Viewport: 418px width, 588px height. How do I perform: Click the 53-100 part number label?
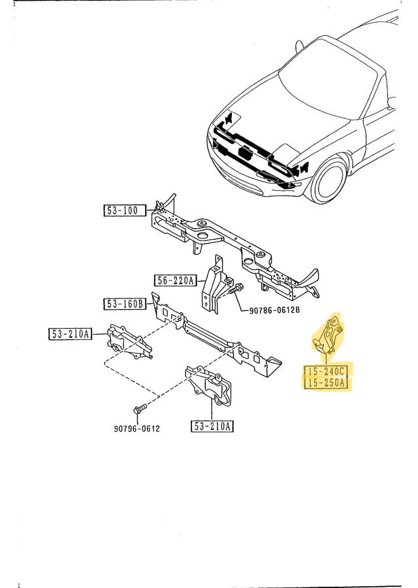tap(122, 210)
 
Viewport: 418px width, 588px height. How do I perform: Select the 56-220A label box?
tap(175, 281)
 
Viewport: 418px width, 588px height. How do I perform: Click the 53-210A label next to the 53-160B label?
tap(69, 335)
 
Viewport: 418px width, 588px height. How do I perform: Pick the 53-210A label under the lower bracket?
tap(212, 427)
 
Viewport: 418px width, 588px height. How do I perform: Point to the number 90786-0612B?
tap(274, 310)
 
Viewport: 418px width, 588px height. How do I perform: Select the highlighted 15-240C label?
tap(326, 371)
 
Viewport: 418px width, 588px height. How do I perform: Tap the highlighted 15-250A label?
tap(326, 384)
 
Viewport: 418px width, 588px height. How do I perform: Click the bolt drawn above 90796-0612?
tap(137, 410)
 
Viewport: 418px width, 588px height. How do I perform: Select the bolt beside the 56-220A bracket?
tap(235, 288)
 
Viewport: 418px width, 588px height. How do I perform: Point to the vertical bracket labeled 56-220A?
tap(213, 290)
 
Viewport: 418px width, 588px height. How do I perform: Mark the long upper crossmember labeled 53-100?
tap(229, 245)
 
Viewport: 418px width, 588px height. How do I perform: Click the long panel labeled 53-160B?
tap(216, 336)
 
